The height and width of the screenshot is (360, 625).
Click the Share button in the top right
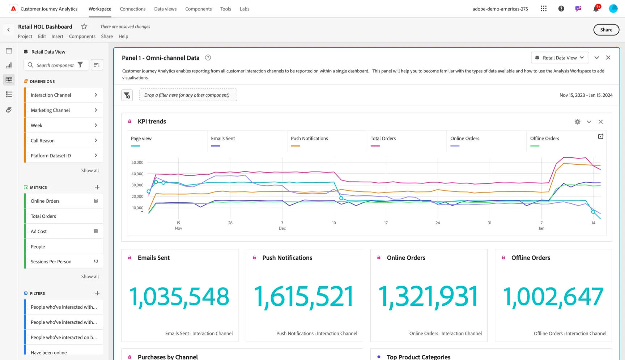point(606,30)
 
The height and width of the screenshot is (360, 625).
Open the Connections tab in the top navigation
point(133,9)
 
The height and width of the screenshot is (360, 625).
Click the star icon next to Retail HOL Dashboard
point(84,26)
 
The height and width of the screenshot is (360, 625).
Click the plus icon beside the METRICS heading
point(97,187)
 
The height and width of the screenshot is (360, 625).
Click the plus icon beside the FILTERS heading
point(97,293)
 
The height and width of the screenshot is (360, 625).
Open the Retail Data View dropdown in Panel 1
point(560,58)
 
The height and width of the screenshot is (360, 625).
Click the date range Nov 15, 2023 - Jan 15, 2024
point(586,95)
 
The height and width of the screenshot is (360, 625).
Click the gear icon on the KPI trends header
point(578,122)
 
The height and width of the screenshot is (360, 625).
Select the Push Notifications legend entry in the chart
point(309,139)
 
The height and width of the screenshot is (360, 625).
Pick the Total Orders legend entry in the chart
point(383,139)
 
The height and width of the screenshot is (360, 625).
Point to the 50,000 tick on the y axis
point(137,162)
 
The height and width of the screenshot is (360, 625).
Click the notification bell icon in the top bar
point(596,8)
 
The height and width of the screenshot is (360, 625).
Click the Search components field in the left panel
point(56,65)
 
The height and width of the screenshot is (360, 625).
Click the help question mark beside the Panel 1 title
point(208,58)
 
